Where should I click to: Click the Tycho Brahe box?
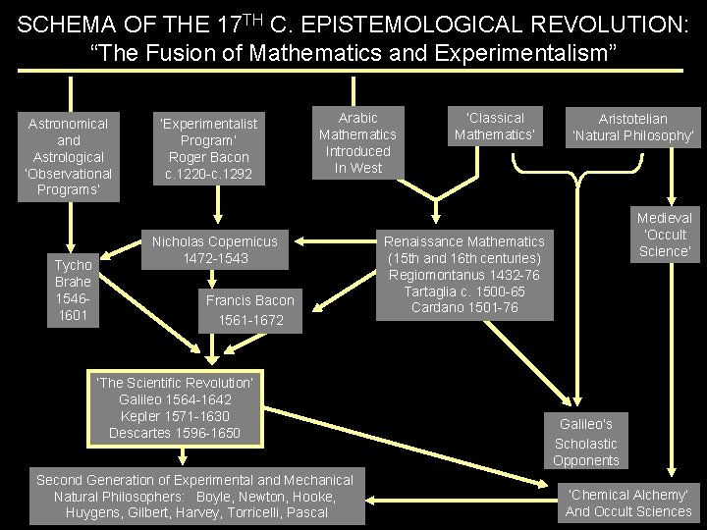(74, 290)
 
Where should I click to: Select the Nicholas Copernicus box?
(214, 249)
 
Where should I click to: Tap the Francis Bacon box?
(249, 310)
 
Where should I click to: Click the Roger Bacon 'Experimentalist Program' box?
(209, 148)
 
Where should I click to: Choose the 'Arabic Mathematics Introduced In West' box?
(357, 142)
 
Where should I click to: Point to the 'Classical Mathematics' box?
(495, 126)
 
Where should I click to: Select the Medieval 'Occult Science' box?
(665, 235)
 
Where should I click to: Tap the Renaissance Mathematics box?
(464, 275)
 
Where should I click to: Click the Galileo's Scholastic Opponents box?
(586, 442)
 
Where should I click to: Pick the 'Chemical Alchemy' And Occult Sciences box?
(628, 502)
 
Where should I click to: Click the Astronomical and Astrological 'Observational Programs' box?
(69, 156)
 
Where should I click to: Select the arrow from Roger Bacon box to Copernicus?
(214, 208)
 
